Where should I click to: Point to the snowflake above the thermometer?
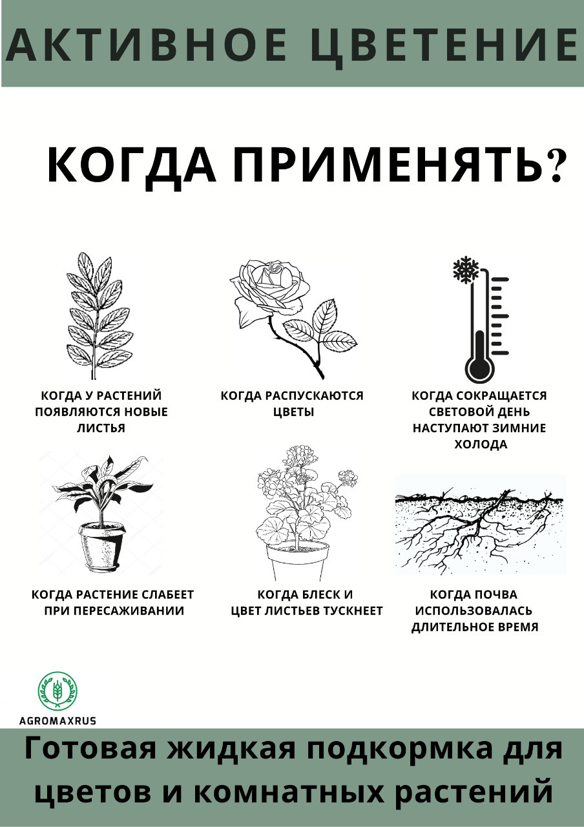[466, 268]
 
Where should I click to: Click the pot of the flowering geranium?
[298, 562]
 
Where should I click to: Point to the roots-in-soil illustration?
[480, 527]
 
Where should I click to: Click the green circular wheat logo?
[58, 691]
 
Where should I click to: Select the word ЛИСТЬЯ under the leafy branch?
[101, 428]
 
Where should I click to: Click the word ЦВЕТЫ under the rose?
[293, 412]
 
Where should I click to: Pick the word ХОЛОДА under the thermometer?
[481, 445]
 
